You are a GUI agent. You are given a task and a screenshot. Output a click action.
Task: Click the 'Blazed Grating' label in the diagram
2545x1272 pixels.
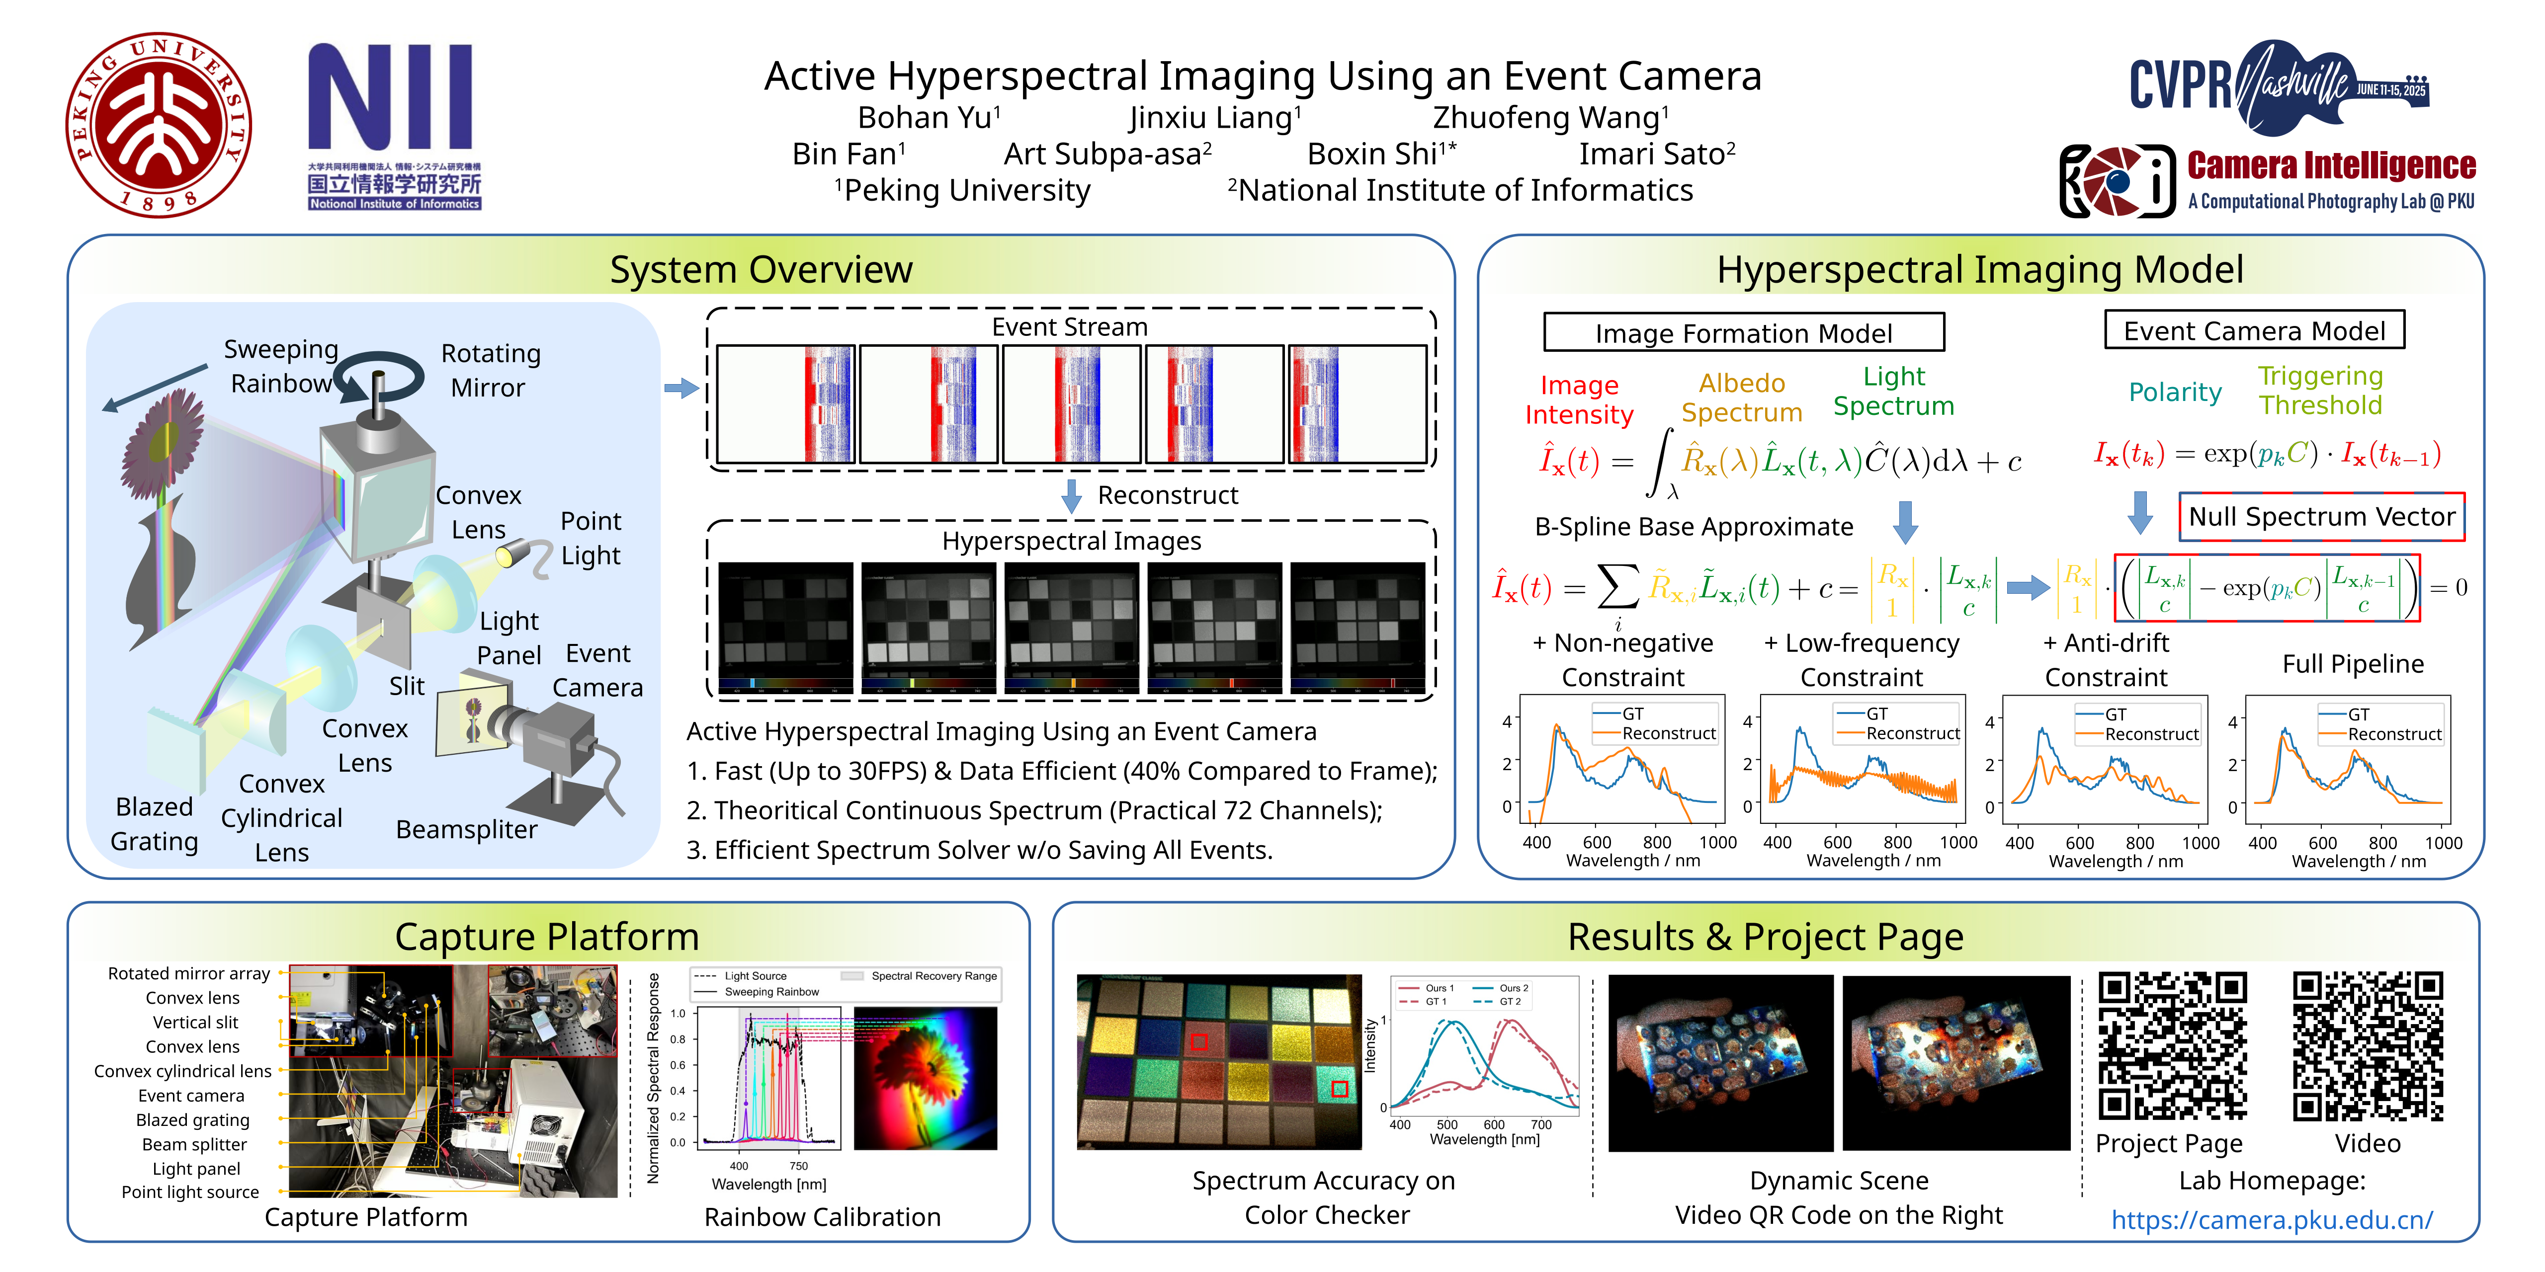coord(154,824)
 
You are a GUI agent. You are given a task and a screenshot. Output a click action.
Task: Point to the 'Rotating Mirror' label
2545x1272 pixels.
coord(490,370)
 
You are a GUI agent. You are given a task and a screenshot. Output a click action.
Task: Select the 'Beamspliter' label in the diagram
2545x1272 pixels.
coord(466,830)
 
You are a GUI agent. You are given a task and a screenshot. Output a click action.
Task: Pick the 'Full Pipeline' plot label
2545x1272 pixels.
coord(2352,664)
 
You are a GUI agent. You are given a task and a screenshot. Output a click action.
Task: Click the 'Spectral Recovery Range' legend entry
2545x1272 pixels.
coord(933,976)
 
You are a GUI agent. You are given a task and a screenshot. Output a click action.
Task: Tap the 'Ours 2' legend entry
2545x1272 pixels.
coord(1512,988)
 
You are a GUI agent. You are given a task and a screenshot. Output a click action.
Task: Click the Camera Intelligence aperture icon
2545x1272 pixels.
coord(2117,181)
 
